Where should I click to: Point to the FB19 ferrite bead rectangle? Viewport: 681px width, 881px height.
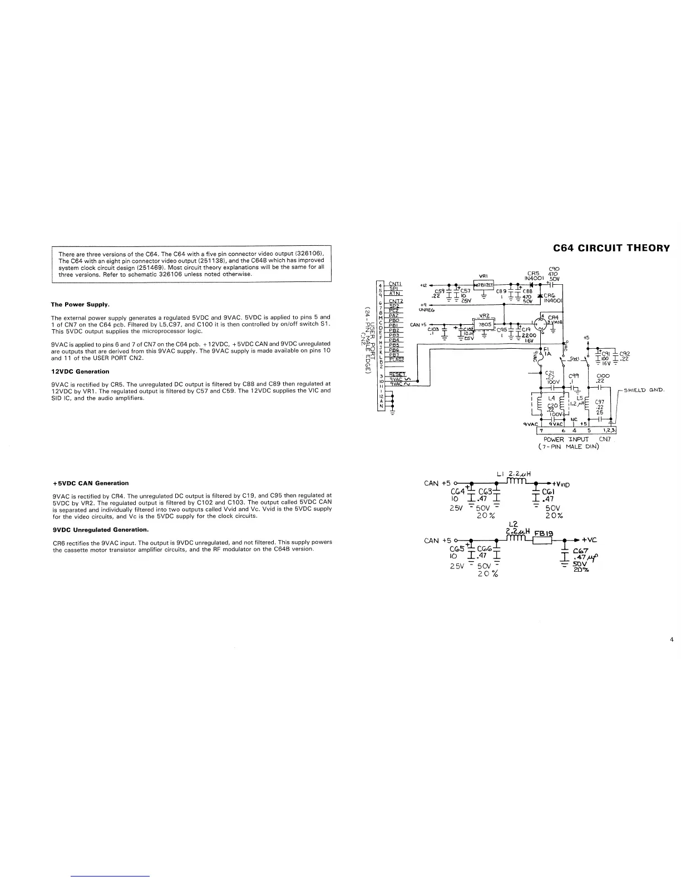[x=541, y=540]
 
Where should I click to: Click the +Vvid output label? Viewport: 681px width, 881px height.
[x=561, y=483]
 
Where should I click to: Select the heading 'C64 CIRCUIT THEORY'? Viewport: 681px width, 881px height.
[x=611, y=248]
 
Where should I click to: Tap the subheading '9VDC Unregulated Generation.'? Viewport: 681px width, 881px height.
[x=101, y=529]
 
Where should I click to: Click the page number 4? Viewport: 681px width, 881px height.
[x=672, y=640]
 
